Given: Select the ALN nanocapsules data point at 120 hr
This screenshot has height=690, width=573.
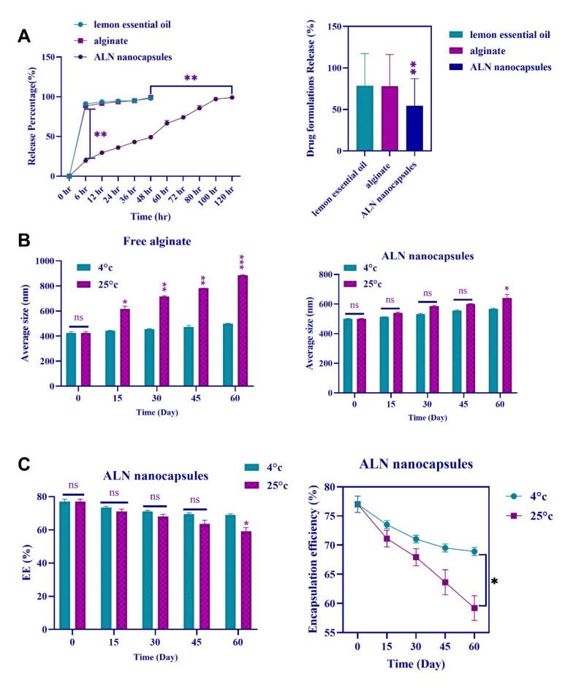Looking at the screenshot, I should tap(232, 97).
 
